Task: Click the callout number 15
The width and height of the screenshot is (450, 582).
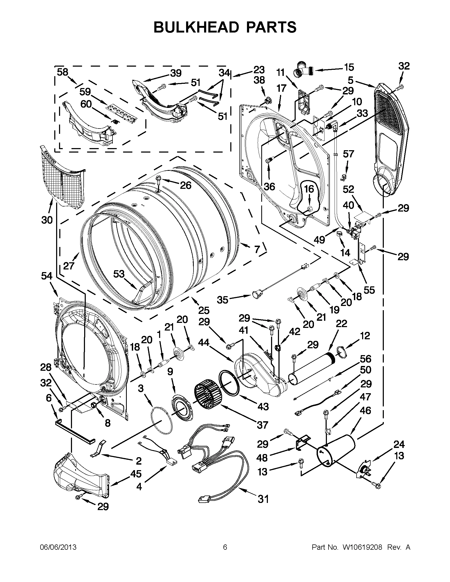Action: [x=349, y=67]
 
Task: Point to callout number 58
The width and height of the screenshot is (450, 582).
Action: [x=62, y=72]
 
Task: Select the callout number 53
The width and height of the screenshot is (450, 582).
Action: [x=119, y=274]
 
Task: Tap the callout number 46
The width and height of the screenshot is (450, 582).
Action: [x=365, y=410]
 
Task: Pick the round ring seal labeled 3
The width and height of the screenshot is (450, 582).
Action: [x=162, y=422]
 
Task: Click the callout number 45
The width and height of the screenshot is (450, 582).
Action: [x=136, y=474]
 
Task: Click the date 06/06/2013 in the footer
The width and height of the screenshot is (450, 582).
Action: [x=58, y=547]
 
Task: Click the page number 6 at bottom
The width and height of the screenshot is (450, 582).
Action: [x=225, y=547]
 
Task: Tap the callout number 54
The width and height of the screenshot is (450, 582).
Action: [x=47, y=276]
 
